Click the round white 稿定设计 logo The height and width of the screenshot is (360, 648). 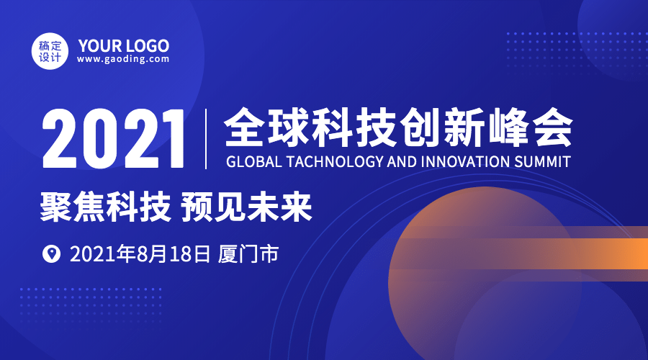[50, 51]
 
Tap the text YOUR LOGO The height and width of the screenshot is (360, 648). [124, 45]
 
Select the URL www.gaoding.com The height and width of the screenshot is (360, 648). [123, 59]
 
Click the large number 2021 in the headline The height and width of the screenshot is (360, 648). [113, 138]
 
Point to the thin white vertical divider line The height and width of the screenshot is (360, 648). [206, 139]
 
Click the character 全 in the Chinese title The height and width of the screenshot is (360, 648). [245, 127]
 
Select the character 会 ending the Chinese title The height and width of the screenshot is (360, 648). [552, 127]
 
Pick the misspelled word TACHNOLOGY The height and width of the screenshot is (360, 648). [335, 161]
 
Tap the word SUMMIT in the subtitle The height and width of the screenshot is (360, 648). [543, 161]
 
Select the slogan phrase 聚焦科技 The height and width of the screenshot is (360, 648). [106, 207]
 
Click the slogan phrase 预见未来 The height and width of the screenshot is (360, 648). [246, 207]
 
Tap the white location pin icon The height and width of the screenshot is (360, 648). [52, 253]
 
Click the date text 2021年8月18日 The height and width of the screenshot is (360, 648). [140, 253]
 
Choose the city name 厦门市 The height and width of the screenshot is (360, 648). [248, 253]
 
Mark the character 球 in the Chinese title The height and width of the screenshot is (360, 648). [289, 127]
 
